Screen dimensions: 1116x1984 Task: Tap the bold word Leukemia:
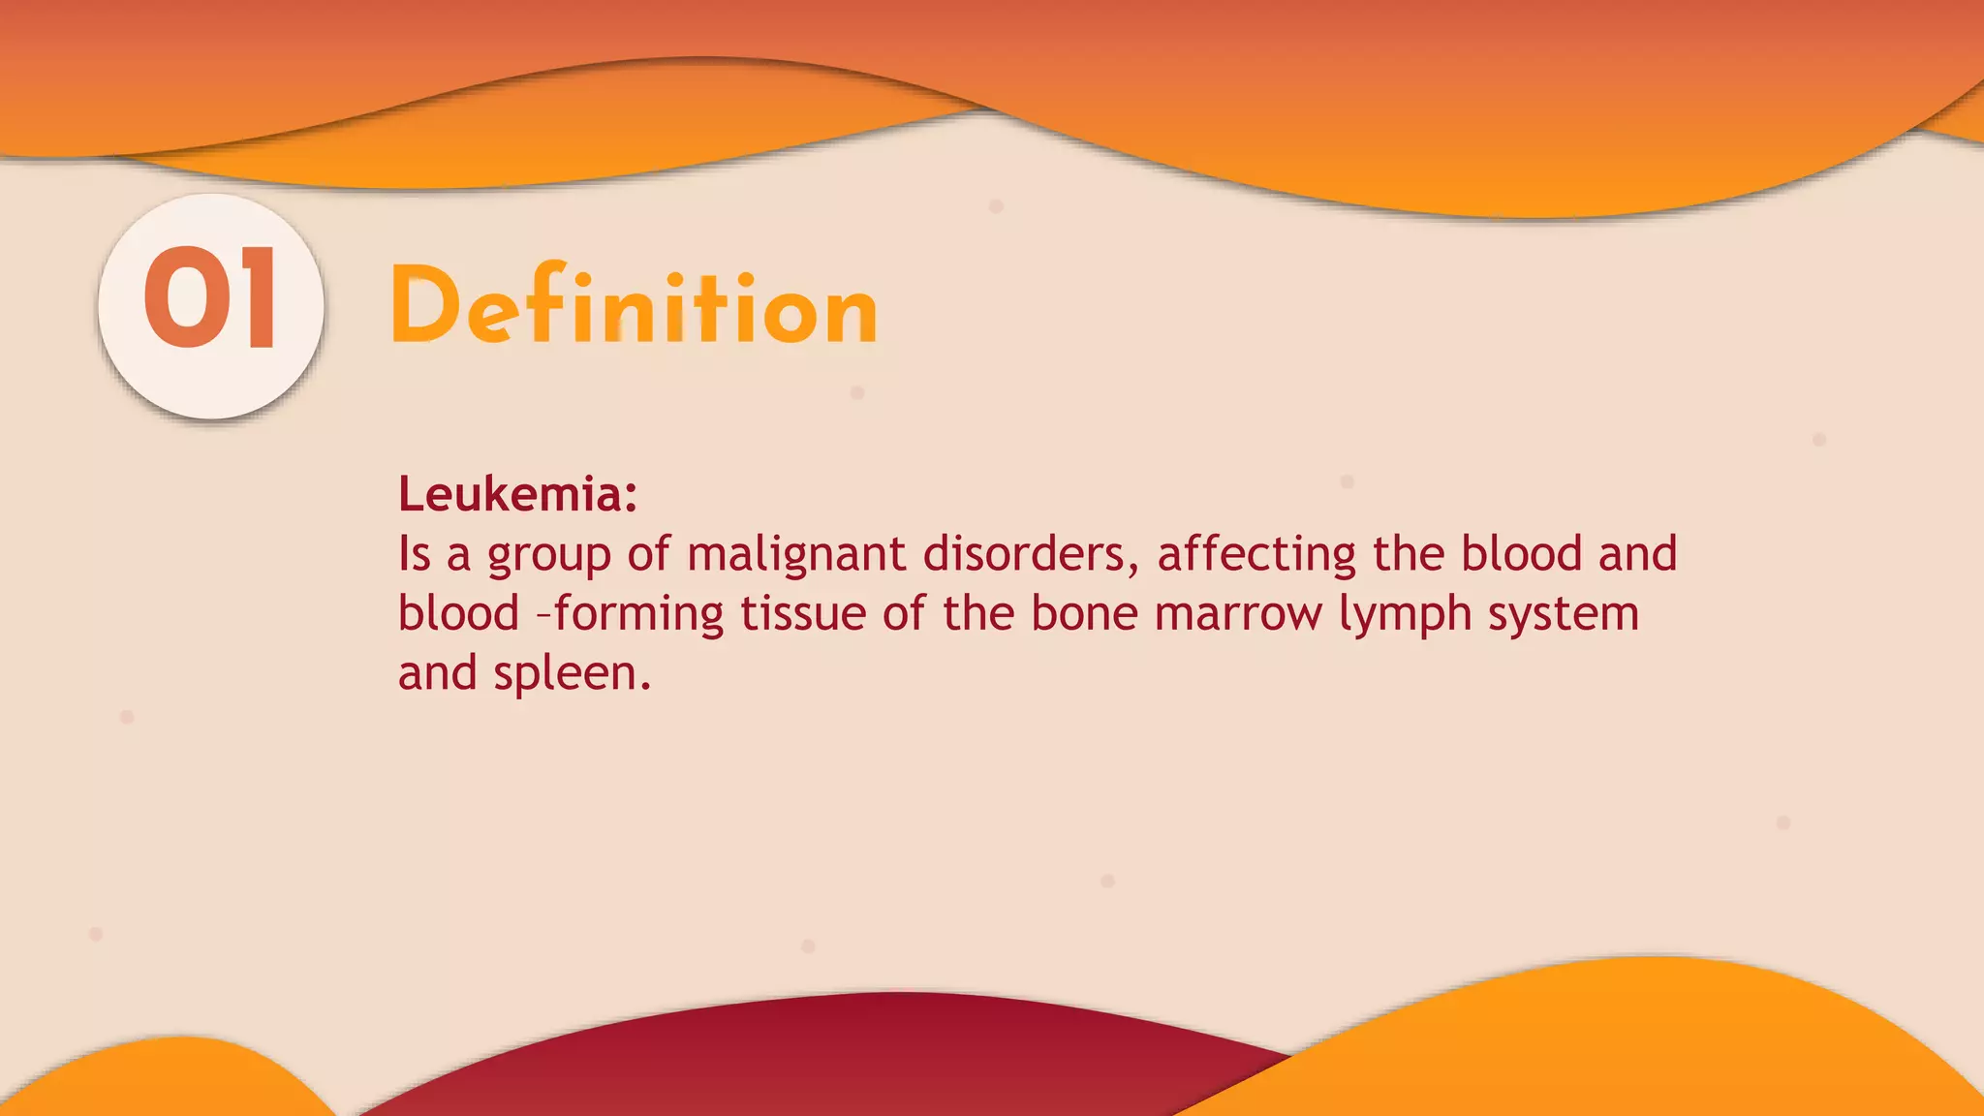517,494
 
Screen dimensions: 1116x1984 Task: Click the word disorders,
1030,554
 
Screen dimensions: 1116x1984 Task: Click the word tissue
803,614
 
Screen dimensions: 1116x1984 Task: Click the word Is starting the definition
414,554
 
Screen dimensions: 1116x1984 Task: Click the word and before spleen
437,673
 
